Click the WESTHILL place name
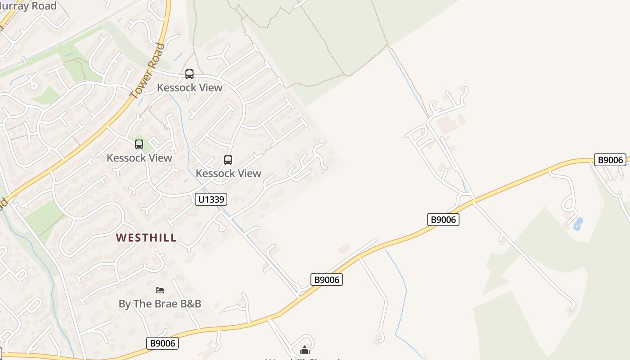pyautogui.click(x=146, y=238)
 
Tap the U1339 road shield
pyautogui.click(x=211, y=199)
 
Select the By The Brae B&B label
pyautogui.click(x=160, y=304)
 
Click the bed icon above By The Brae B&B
pyautogui.click(x=160, y=290)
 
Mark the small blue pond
pyautogui.click(x=578, y=224)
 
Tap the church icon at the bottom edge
pyautogui.click(x=305, y=350)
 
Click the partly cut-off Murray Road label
pyautogui.click(x=29, y=6)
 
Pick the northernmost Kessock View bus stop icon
pyautogui.click(x=189, y=74)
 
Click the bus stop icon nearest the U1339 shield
pyautogui.click(x=228, y=160)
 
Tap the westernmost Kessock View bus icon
pyautogui.click(x=139, y=144)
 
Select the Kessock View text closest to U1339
pyautogui.click(x=228, y=173)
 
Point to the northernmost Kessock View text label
pyautogui.click(x=189, y=87)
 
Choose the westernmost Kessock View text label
pyautogui.click(x=139, y=158)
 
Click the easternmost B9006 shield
pyautogui.click(x=610, y=160)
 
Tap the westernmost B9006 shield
pyautogui.click(x=162, y=343)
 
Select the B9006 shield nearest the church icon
pyautogui.click(x=327, y=279)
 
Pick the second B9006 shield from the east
pyautogui.click(x=443, y=220)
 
